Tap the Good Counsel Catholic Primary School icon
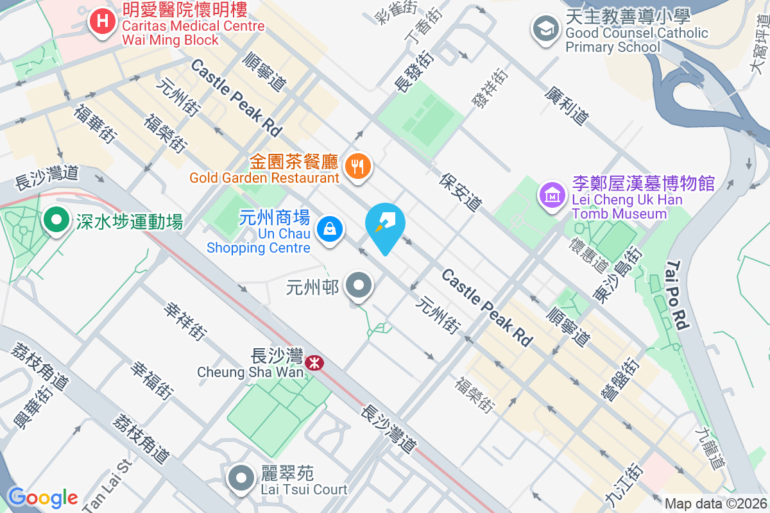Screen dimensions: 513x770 pyautogui.click(x=545, y=29)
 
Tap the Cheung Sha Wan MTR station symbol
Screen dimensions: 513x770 pyautogui.click(x=314, y=363)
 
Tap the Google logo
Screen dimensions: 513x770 pyautogui.click(x=43, y=497)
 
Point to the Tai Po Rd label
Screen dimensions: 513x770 pyautogui.click(x=678, y=295)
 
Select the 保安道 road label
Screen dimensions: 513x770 pyautogui.click(x=461, y=192)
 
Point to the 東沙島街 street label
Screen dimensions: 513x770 pyautogui.click(x=617, y=274)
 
